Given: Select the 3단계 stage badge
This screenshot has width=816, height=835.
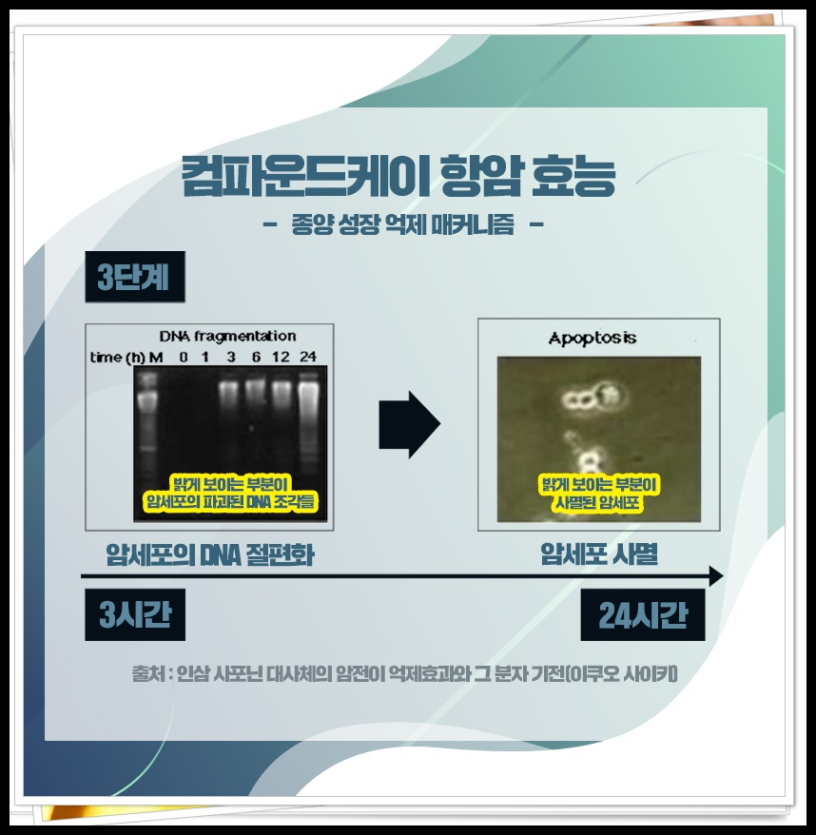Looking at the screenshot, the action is pos(133,278).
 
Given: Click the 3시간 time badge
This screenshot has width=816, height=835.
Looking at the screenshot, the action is pos(134,615).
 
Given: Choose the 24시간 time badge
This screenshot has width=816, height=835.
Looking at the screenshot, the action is pos(642,615).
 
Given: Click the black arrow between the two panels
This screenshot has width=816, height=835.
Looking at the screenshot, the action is pos(409,424).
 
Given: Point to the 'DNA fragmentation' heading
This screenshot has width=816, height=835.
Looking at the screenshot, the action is pos(226,337).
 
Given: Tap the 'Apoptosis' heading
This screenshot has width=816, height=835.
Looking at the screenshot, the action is pos(592,339).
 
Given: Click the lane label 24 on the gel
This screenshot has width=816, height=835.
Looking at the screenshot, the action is pos(308,358).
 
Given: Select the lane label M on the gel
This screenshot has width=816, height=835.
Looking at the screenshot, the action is pos(156,358).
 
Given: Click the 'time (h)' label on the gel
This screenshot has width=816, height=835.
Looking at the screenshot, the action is pos(117,358).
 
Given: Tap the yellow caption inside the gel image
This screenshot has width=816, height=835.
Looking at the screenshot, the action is pos(229,493).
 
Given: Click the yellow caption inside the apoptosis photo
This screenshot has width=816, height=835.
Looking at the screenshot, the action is pos(599,493).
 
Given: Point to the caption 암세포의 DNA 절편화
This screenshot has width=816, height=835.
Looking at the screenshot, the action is pos(210,553).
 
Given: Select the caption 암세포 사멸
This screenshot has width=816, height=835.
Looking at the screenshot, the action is pos(598,553).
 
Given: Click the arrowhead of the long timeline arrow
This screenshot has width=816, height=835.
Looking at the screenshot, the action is pos(715,576).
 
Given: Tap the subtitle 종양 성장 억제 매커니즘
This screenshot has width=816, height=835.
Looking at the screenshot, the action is pos(402,225).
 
